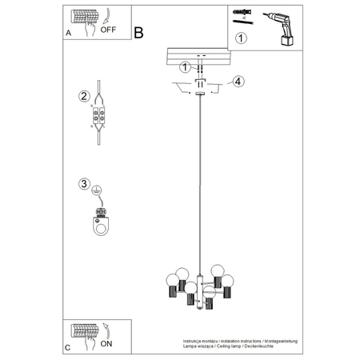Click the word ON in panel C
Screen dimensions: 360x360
coord(106,342)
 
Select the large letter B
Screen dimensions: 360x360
coord(138,33)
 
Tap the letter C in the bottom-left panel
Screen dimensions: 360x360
coord(67,346)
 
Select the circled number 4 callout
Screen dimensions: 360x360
coord(238,80)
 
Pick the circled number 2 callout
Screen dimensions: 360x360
coord(84,98)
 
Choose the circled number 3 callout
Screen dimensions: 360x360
coord(84,185)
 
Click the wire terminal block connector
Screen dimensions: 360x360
coord(100,117)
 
